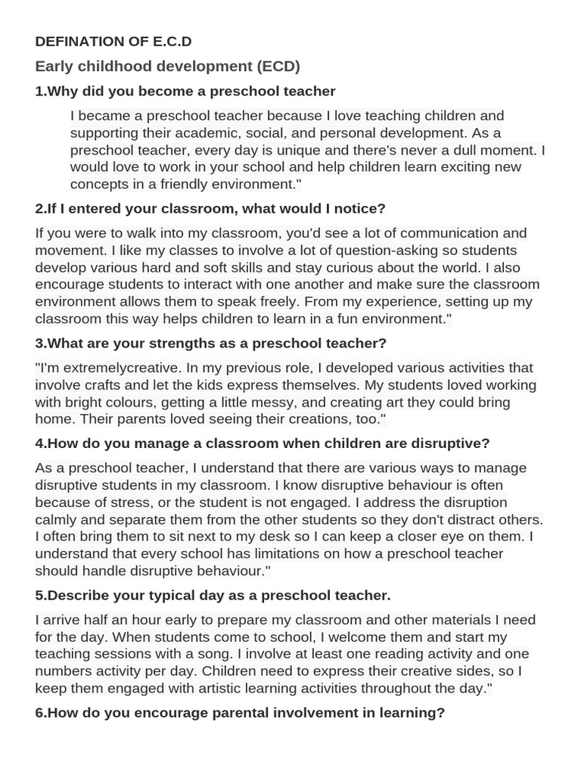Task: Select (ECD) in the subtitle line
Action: [x=278, y=67]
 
